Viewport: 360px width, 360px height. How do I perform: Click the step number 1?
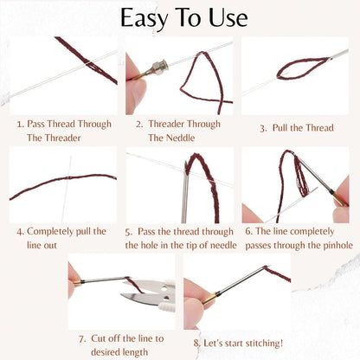click(x=20, y=124)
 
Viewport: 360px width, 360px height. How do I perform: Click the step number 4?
click(x=19, y=232)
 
